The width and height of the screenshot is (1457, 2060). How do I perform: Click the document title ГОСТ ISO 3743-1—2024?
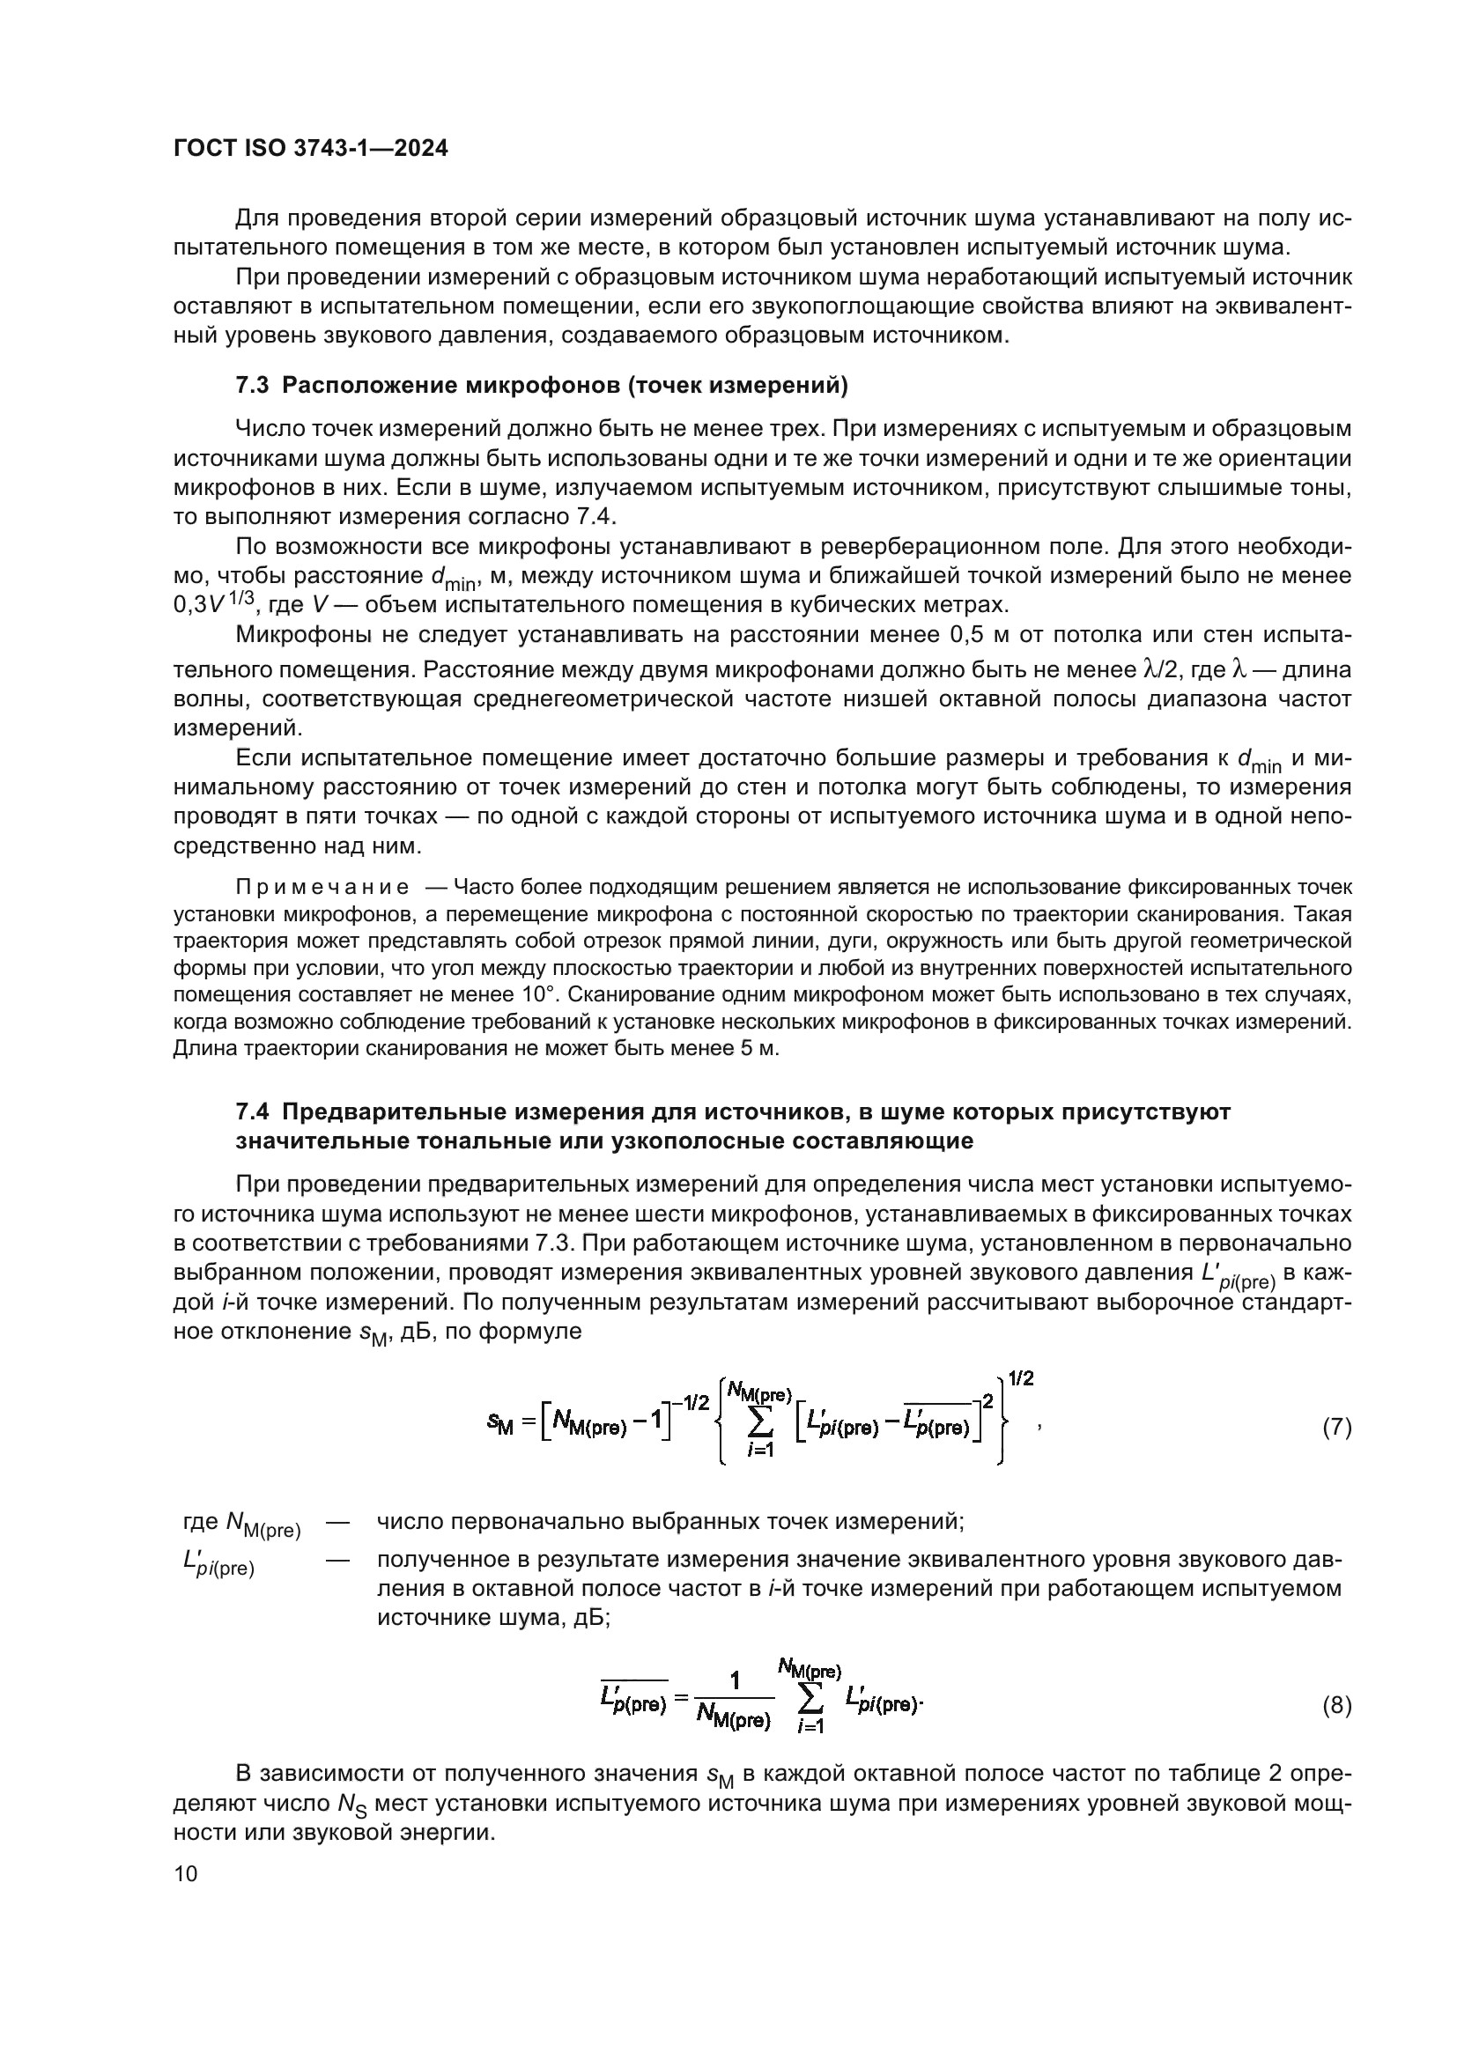click(310, 149)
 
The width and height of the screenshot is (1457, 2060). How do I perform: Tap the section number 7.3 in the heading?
click(252, 386)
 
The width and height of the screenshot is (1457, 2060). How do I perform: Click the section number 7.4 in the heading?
click(252, 1111)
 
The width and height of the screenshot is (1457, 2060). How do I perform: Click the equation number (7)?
click(1337, 1428)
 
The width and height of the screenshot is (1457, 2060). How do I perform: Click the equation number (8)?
click(1337, 1706)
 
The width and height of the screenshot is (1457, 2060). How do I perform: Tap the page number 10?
click(186, 1873)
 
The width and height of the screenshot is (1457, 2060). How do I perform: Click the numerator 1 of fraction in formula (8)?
click(735, 1681)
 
